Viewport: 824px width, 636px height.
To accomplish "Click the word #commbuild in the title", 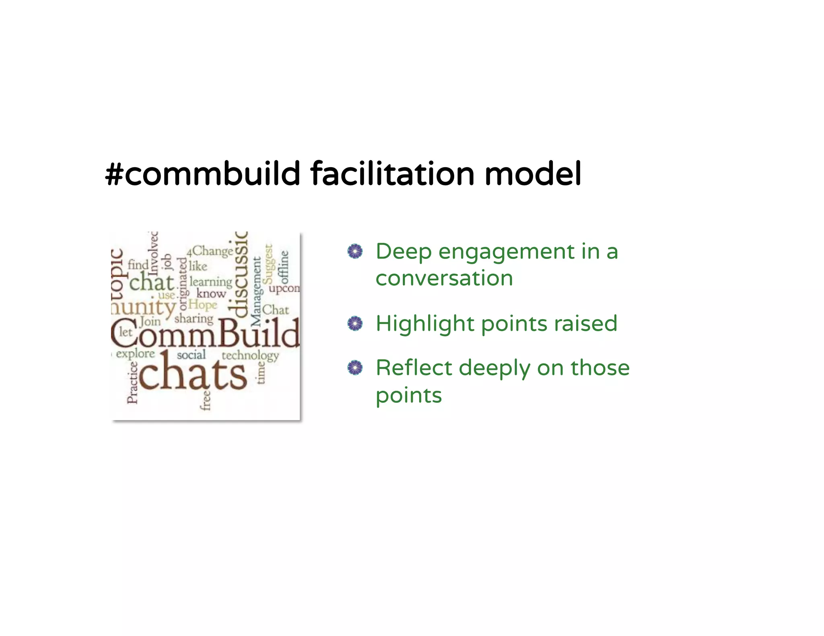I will click(x=202, y=174).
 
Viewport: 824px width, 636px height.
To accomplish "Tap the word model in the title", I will click(x=533, y=174).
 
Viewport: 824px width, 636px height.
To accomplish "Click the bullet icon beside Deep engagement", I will click(x=355, y=252).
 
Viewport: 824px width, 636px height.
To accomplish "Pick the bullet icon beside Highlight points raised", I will click(x=355, y=324).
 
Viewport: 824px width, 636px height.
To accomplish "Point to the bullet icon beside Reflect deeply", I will click(x=355, y=367).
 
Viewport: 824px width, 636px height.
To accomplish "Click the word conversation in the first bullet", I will click(x=444, y=278).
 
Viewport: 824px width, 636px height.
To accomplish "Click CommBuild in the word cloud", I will click(x=205, y=333).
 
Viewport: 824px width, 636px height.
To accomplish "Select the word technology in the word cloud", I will click(x=250, y=355).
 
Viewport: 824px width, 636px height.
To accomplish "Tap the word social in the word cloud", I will click(x=191, y=355).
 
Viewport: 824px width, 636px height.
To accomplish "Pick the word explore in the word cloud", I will click(x=135, y=354).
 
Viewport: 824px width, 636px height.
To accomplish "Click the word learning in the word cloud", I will click(x=211, y=282).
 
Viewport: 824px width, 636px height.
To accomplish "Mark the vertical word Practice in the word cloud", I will click(x=132, y=382).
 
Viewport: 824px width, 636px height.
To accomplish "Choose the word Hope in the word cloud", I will click(x=203, y=305).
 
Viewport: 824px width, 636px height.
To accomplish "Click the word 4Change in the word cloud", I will click(x=210, y=251).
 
